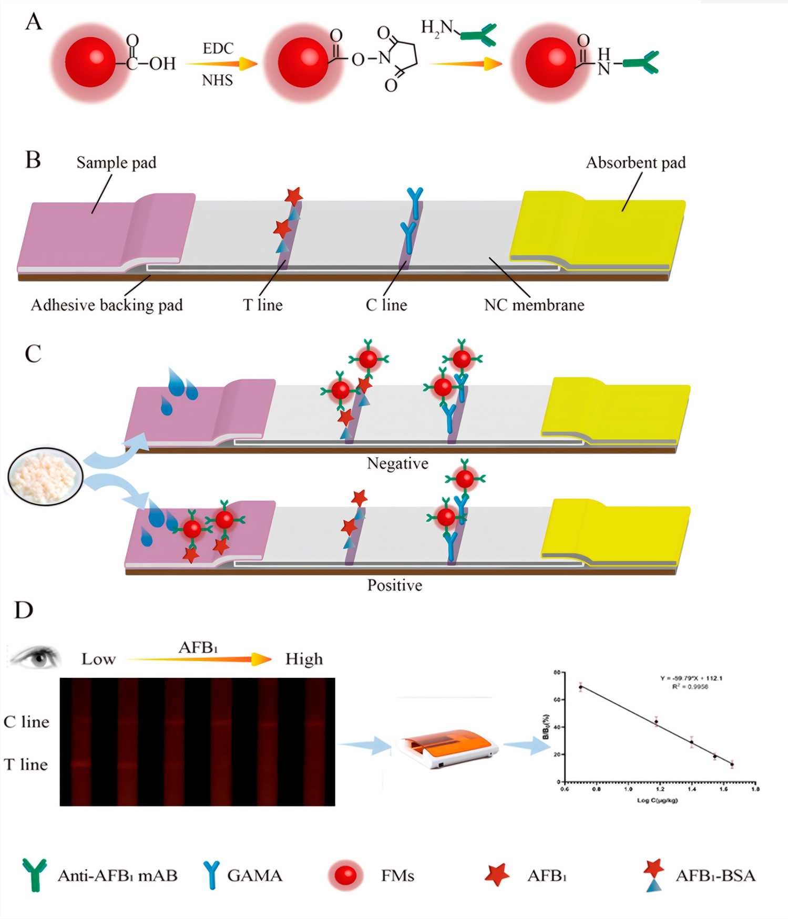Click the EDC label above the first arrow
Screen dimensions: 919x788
click(218, 48)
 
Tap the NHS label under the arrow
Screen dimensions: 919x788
click(217, 80)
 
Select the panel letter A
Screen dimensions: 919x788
click(34, 22)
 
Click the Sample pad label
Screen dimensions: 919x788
click(116, 162)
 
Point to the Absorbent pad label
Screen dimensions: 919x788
click(636, 162)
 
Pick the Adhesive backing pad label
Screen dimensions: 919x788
click(107, 305)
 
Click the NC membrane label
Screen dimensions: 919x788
click(534, 305)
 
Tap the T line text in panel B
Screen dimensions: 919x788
click(263, 305)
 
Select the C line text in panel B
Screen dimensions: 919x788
click(386, 305)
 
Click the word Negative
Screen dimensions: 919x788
click(397, 463)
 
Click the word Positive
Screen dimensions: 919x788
click(394, 585)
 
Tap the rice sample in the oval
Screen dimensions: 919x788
click(46, 476)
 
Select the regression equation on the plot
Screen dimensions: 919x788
click(691, 678)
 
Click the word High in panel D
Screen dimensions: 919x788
click(304, 659)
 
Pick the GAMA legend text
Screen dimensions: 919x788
click(254, 875)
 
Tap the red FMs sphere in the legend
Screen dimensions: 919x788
click(345, 875)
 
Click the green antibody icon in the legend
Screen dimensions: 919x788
click(34, 875)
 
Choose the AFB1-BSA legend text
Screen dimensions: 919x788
click(715, 875)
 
